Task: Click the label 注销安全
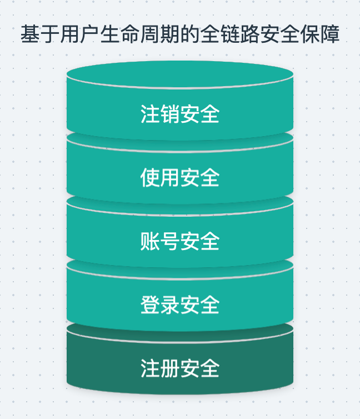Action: [x=180, y=114]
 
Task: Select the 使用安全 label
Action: [x=180, y=178]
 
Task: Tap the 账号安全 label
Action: [x=180, y=242]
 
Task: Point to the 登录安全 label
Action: [x=180, y=305]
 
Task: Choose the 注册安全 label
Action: [x=180, y=368]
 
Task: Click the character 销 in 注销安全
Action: [x=170, y=114]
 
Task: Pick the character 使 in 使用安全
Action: [x=150, y=178]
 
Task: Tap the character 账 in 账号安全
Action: [x=150, y=242]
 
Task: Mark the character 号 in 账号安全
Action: [x=170, y=242]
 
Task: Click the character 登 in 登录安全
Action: [x=150, y=305]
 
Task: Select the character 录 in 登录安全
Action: [x=170, y=305]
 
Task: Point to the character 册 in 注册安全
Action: [x=170, y=368]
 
